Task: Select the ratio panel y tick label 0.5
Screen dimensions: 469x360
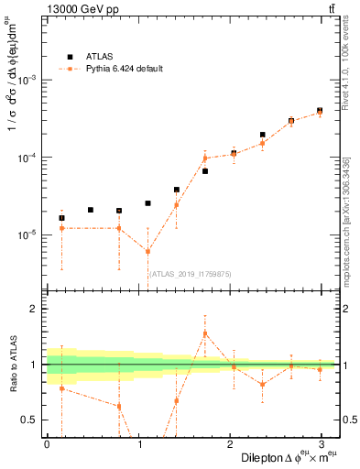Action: click(x=30, y=420)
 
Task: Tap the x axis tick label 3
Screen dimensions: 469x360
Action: click(x=320, y=444)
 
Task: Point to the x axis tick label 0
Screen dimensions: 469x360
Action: click(x=47, y=444)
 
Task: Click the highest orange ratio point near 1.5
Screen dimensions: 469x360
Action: click(x=205, y=333)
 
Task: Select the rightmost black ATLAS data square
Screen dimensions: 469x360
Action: click(x=320, y=110)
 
